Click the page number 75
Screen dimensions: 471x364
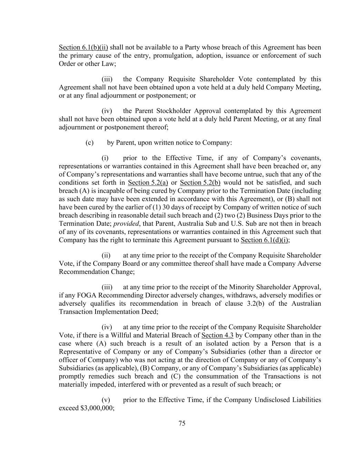click(182, 423)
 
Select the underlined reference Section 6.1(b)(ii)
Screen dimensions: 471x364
click(83, 47)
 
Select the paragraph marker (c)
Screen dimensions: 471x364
click(89, 143)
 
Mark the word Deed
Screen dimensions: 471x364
click(150, 312)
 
